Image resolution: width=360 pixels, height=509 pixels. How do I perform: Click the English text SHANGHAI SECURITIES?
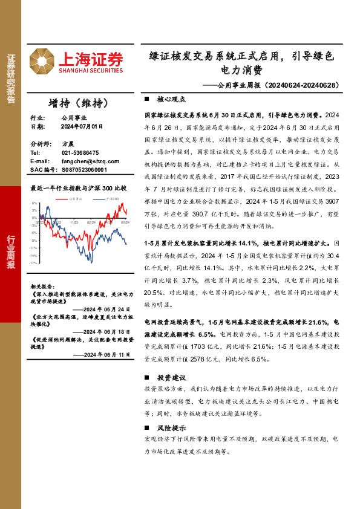pos(91,71)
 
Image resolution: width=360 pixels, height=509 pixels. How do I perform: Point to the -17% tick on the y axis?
pos(34,263)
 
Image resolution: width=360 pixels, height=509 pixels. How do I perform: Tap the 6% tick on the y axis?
pos(35,204)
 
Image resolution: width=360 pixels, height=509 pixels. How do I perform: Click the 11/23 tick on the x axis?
pos(74,222)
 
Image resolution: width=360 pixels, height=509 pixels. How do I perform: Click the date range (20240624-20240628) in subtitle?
pos(300,85)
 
